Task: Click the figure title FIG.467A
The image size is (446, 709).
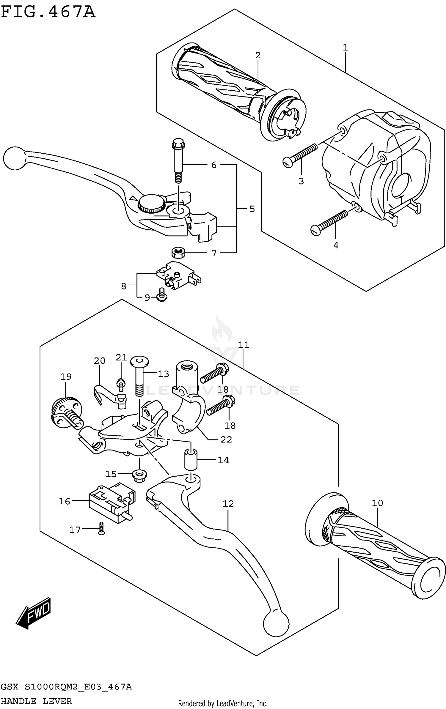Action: (x=48, y=12)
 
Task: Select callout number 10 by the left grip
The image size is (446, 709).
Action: (x=377, y=503)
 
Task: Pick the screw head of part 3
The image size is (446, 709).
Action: (x=288, y=162)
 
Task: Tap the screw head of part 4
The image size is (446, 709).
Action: (x=316, y=230)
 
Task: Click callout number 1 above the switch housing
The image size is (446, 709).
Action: (x=345, y=48)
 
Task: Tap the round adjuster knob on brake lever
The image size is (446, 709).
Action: (x=151, y=204)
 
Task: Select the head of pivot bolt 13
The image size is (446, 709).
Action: (x=139, y=363)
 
